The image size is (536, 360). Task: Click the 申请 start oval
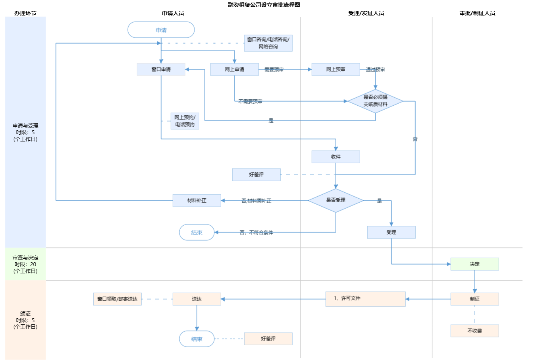[161, 30]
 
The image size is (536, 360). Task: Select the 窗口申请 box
[161, 69]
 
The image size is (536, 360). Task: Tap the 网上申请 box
[234, 69]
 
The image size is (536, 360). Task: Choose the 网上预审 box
[335, 69]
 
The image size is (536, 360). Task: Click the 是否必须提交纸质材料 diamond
[375, 101]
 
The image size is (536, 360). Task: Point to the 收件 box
[335, 157]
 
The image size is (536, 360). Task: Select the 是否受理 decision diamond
[335, 200]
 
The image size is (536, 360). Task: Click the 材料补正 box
[197, 200]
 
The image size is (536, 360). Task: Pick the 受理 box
[391, 232]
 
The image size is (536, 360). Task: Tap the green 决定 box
[474, 264]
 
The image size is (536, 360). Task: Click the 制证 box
[474, 299]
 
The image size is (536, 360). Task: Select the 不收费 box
[474, 331]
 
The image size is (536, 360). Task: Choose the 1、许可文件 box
[365, 299]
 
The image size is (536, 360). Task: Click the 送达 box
[197, 299]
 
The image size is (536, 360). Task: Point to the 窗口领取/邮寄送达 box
[117, 299]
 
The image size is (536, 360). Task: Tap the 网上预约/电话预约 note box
[185, 121]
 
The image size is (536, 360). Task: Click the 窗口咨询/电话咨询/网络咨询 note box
[268, 43]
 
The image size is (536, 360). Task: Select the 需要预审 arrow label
[274, 70]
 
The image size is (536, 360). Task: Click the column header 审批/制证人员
[477, 13]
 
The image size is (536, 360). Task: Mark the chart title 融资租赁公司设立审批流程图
[264, 5]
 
